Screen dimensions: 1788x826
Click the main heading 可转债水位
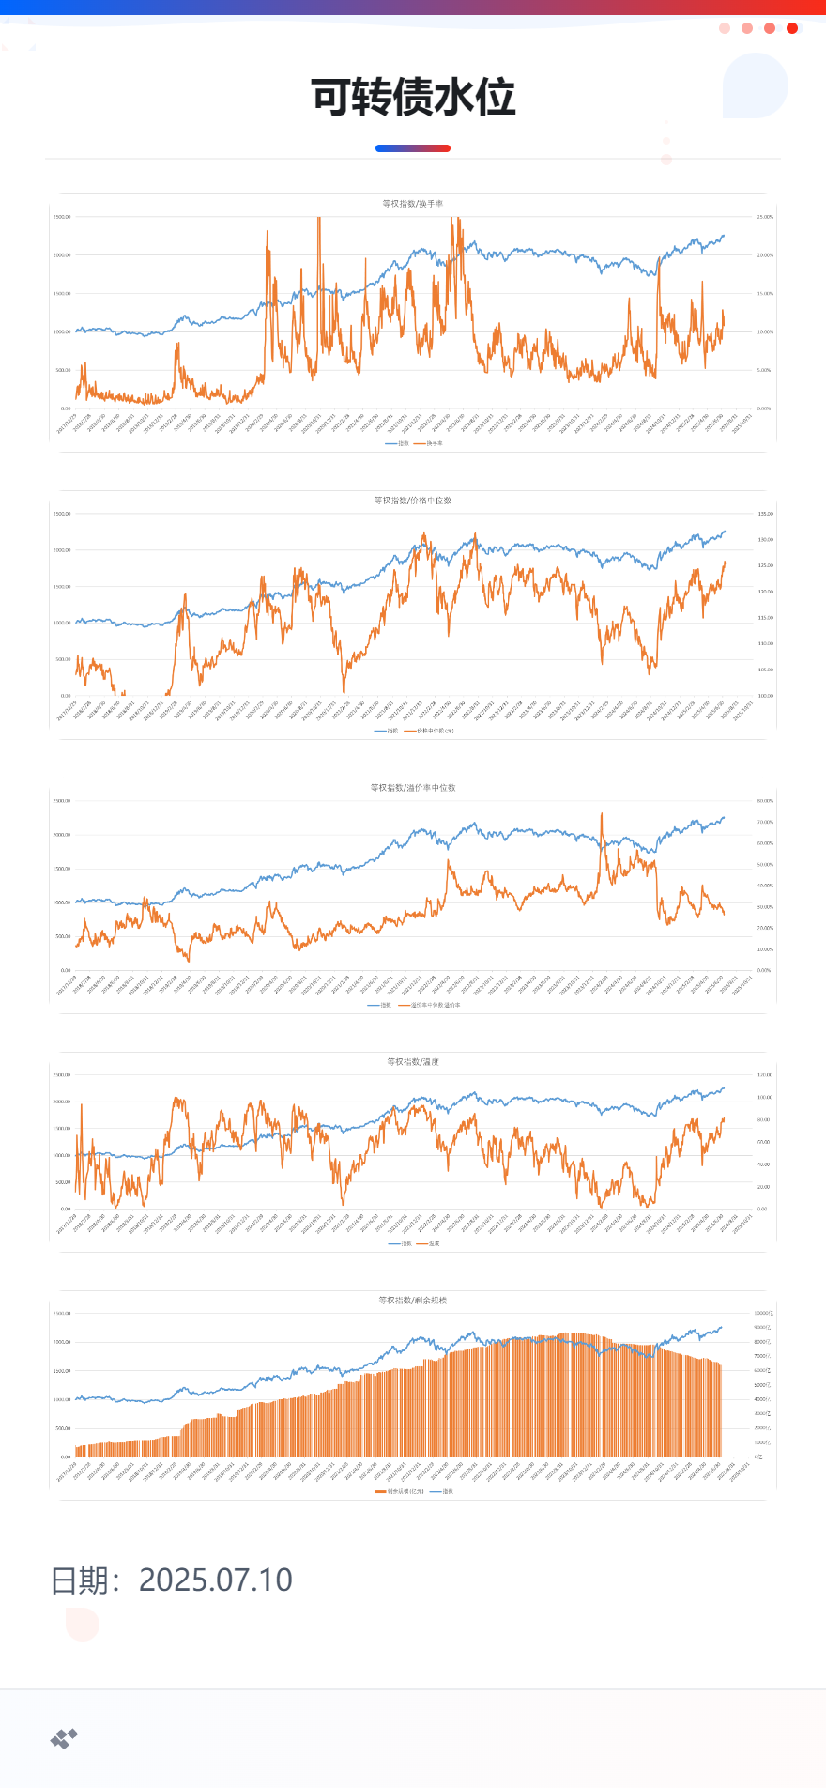[413, 98]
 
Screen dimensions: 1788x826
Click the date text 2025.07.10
[215, 1580]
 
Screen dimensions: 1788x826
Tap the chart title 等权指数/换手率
[413, 204]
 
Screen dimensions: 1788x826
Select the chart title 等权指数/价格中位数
[413, 501]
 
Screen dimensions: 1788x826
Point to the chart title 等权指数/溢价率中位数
[413, 788]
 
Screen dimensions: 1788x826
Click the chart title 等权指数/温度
[413, 1062]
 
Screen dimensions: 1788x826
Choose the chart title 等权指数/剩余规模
[413, 1301]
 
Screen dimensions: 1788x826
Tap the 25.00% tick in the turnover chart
[765, 217]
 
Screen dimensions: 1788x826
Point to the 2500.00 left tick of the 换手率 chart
[62, 217]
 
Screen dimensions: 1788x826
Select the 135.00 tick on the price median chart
[765, 514]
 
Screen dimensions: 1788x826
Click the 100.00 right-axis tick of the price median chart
[765, 696]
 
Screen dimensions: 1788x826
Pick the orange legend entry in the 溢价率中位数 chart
[431, 1005]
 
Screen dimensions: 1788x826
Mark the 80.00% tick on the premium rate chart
[765, 801]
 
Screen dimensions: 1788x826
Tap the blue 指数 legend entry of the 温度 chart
[401, 1243]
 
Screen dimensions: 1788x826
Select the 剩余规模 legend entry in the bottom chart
[401, 1491]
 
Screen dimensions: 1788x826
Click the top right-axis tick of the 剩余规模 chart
[762, 1313]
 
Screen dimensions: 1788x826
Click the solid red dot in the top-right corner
[792, 28]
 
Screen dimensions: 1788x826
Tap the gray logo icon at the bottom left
[64, 1739]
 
